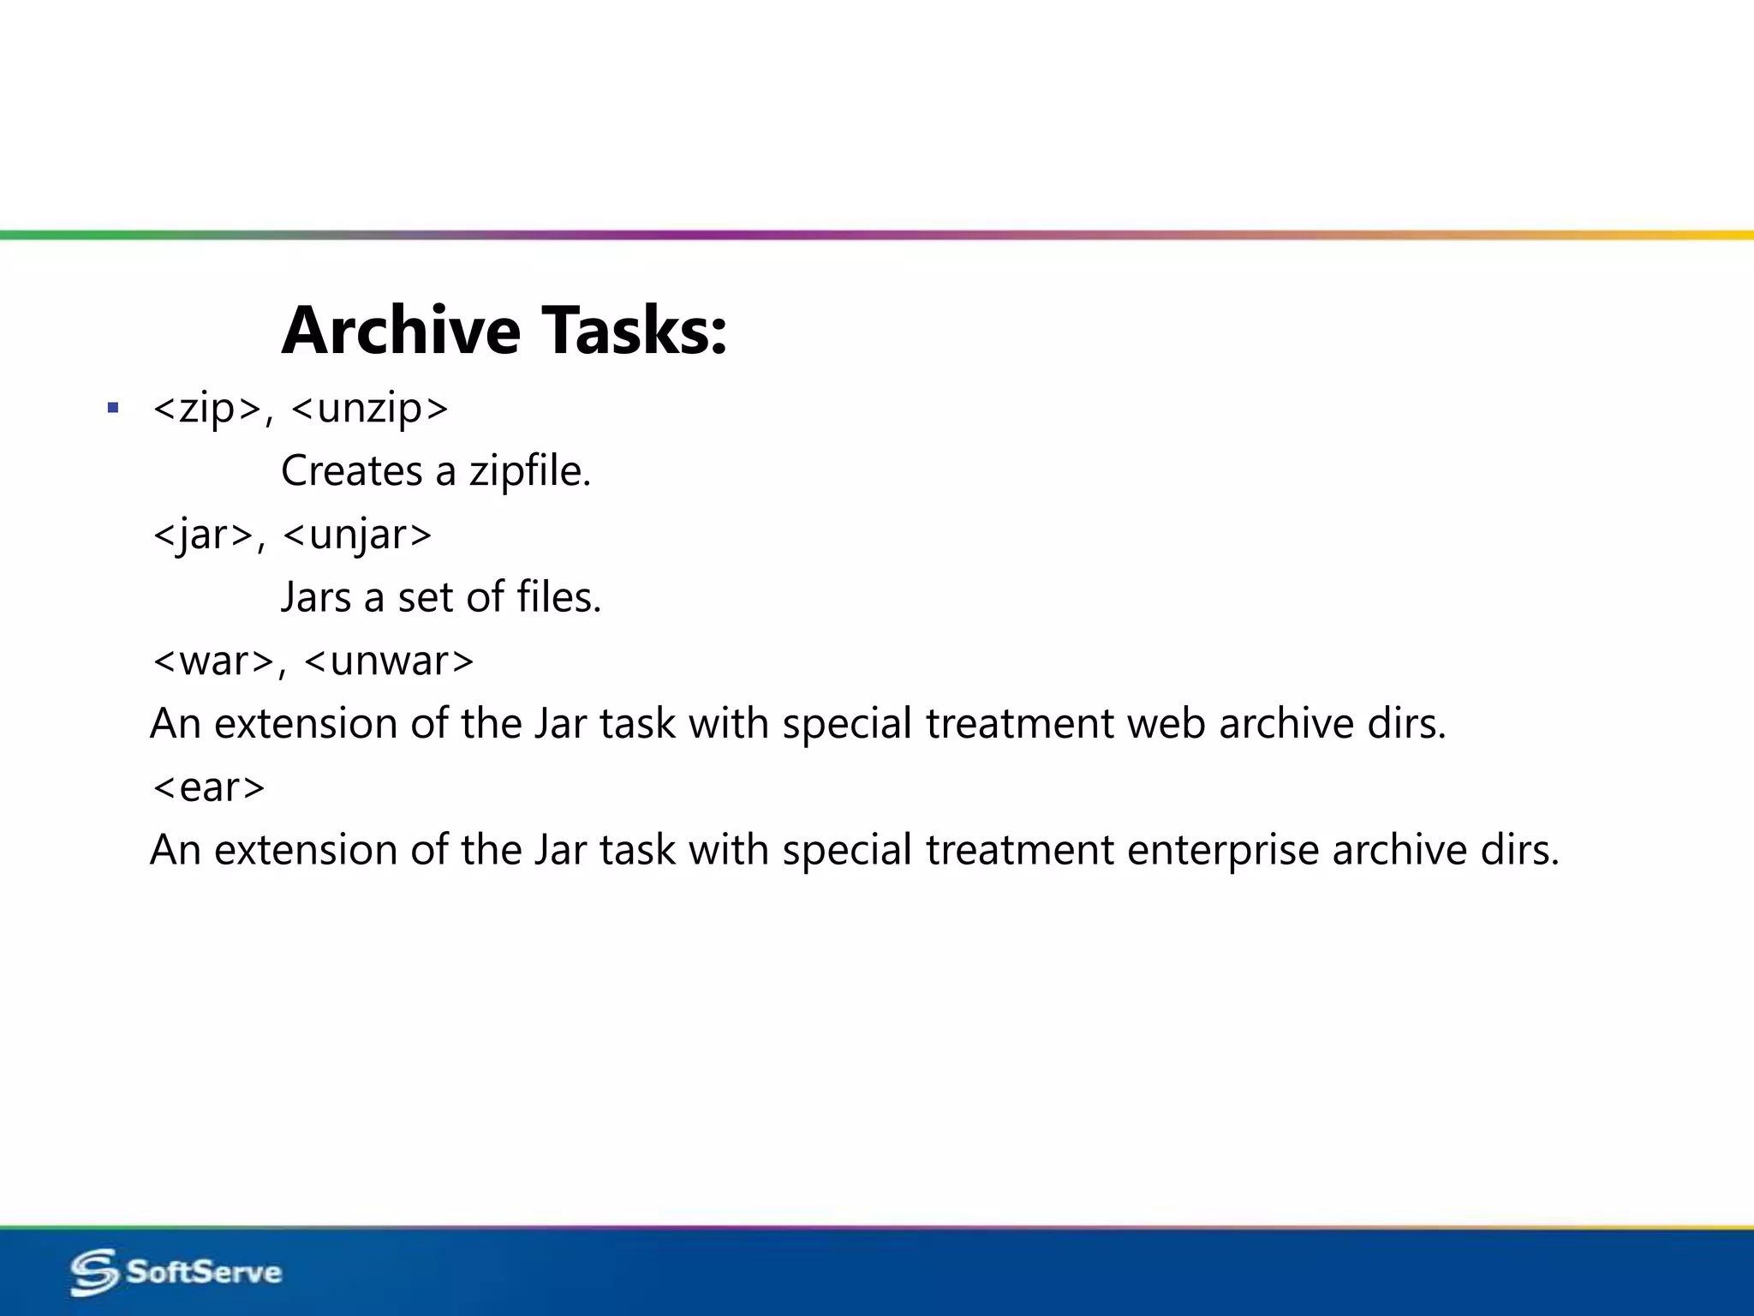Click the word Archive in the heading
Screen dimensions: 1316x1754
pos(401,331)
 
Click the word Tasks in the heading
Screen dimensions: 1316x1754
pos(634,331)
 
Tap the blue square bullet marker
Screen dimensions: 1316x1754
pos(113,408)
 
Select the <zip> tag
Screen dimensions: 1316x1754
pos(207,409)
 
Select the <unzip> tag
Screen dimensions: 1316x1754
pos(369,409)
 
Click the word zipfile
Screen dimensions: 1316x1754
pos(529,471)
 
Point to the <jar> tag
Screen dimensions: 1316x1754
pos(203,535)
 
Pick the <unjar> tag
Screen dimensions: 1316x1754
pos(357,535)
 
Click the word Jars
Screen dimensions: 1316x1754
pos(316,597)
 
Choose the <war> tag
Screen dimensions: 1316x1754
pos(214,661)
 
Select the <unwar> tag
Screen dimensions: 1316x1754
pos(389,661)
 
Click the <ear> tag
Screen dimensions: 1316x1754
pos(208,787)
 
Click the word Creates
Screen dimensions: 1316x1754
pos(351,471)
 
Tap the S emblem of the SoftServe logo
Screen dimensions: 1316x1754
pos(94,1272)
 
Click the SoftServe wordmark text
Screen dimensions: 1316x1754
pos(204,1272)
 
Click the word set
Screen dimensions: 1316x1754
pos(425,597)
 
